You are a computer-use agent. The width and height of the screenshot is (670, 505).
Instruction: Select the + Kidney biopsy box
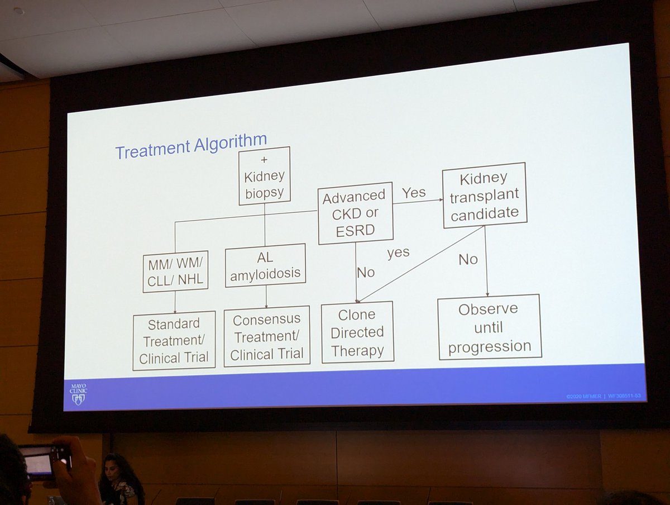click(x=264, y=175)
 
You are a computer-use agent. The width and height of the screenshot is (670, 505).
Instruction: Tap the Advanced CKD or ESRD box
click(x=355, y=213)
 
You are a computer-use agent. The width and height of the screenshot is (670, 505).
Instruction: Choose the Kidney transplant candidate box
click(x=484, y=195)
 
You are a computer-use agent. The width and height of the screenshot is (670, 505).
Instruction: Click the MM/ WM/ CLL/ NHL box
click(x=175, y=271)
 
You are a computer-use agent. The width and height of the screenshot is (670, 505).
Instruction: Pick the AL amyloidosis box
click(x=265, y=265)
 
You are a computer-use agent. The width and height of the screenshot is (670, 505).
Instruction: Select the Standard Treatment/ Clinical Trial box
click(x=174, y=340)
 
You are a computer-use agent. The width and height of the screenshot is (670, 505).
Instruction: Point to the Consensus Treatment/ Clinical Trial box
click(x=266, y=336)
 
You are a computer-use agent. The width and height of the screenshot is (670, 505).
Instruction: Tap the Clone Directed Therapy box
click(x=357, y=332)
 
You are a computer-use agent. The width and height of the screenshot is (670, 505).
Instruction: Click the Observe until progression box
click(x=489, y=327)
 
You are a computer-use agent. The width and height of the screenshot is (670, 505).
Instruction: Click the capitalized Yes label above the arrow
click(x=414, y=193)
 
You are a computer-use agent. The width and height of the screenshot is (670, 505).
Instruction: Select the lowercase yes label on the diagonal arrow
click(x=398, y=252)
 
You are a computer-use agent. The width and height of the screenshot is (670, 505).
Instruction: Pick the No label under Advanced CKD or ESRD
click(x=366, y=273)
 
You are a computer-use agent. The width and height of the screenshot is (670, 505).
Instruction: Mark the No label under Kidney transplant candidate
click(x=468, y=259)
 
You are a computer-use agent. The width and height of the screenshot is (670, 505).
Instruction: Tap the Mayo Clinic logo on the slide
click(x=78, y=393)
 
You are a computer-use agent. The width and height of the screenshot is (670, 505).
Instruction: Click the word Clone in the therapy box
click(x=357, y=315)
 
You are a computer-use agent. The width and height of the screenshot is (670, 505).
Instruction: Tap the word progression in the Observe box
click(x=489, y=347)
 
